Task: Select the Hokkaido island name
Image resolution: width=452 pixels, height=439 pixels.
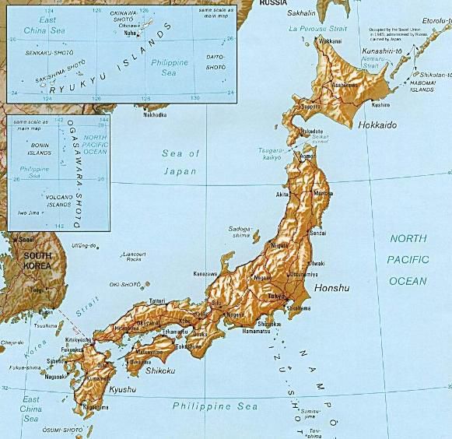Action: [378, 125]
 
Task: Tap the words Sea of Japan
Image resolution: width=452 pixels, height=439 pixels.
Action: [180, 162]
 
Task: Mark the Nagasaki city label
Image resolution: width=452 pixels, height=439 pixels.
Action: [57, 377]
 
